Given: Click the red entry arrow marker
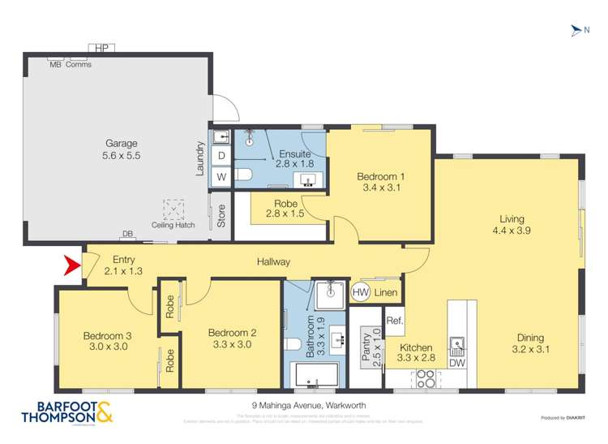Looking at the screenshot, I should (72, 265).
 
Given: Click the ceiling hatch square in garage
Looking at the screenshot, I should (173, 209).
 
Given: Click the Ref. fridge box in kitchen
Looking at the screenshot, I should (395, 320).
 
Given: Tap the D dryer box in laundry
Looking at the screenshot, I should (221, 155).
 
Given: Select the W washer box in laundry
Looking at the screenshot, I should (221, 176).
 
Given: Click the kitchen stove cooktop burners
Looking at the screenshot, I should (426, 377).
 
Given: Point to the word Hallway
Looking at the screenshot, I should (273, 261).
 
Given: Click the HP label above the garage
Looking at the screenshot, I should (101, 49).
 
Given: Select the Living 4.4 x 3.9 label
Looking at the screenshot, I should (512, 225).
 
